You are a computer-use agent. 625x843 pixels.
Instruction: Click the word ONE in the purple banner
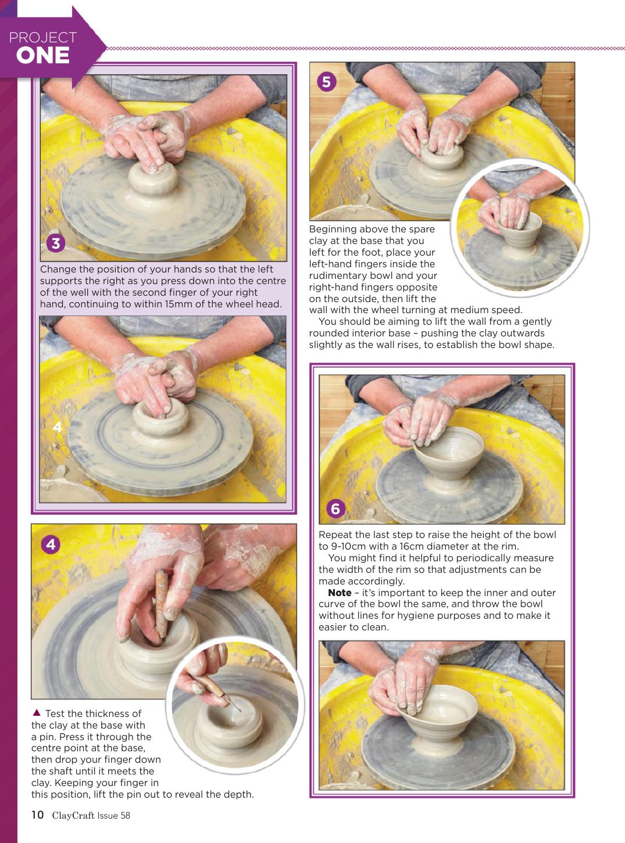[43, 56]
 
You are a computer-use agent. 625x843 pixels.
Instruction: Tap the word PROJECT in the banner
[43, 38]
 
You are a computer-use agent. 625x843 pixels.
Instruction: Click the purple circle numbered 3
[56, 243]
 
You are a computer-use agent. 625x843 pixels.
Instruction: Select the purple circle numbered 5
[326, 82]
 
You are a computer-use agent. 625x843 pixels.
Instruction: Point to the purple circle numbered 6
[335, 508]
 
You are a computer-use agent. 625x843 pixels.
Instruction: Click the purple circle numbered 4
[51, 544]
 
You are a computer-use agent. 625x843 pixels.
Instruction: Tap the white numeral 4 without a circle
[58, 427]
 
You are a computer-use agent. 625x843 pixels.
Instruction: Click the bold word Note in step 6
[340, 593]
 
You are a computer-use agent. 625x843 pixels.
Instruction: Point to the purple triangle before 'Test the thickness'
[37, 712]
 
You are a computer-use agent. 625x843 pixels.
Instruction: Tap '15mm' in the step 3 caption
[178, 304]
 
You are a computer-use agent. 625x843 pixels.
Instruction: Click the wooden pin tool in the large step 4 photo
[161, 604]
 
